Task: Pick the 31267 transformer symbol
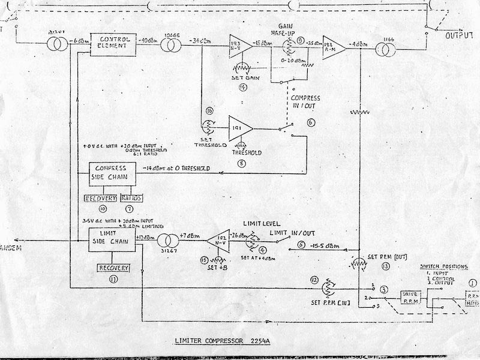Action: click(165, 242)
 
